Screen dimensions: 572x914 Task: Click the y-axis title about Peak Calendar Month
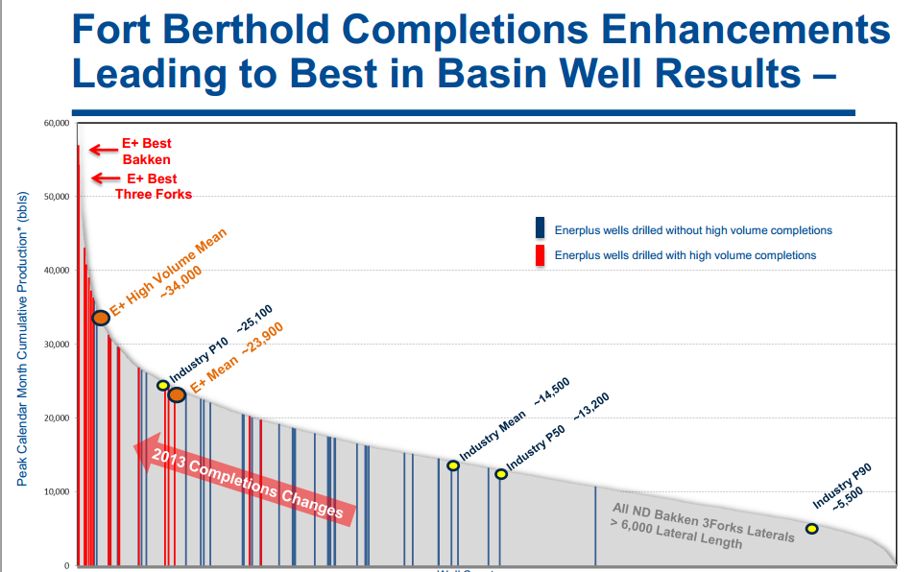coord(22,338)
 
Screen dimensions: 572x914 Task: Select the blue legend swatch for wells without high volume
coord(541,228)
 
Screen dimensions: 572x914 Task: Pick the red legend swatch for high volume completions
coord(541,254)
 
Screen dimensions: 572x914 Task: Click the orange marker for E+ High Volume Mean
coord(100,318)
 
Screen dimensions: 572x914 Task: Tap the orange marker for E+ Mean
coord(177,394)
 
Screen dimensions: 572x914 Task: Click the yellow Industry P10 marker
coord(162,385)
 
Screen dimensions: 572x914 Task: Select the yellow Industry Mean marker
coord(453,465)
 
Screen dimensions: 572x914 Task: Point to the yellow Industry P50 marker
coord(501,474)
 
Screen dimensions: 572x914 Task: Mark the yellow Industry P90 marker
coord(811,529)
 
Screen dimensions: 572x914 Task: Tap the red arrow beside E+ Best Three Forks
coord(106,178)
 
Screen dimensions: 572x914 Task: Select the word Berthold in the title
coord(309,31)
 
